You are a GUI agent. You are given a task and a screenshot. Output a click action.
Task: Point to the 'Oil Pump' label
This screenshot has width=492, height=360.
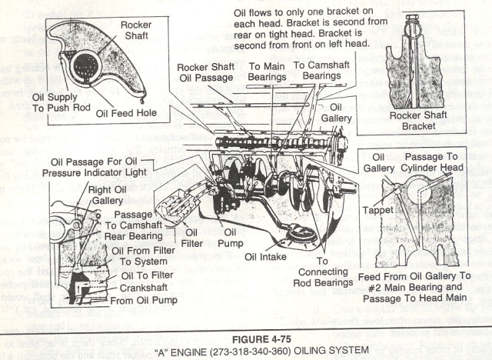[231, 238]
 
